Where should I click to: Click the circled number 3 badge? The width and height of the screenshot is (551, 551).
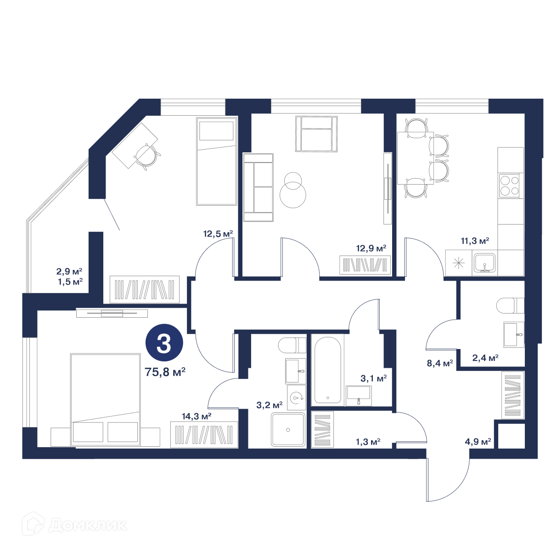click(x=164, y=342)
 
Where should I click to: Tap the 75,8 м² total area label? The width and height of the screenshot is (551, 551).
click(x=165, y=372)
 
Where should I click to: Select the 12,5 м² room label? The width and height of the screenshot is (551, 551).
click(x=218, y=234)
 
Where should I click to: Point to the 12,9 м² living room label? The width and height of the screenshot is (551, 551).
click(x=371, y=248)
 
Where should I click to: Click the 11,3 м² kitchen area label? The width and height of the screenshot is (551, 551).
click(x=475, y=241)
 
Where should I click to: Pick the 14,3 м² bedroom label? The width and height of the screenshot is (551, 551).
click(x=197, y=416)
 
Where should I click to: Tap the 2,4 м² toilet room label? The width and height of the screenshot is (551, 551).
click(x=485, y=358)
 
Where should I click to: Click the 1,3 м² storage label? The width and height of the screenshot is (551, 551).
click(x=368, y=442)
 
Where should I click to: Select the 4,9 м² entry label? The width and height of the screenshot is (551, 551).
click(x=478, y=442)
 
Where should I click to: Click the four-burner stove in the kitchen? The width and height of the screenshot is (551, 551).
click(x=509, y=186)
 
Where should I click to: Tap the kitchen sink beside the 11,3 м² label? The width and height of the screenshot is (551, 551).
click(x=484, y=263)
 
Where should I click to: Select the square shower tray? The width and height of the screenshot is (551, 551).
click(x=288, y=430)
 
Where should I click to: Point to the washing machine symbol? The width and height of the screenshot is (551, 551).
click(x=297, y=398)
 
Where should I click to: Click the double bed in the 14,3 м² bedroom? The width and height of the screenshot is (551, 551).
click(x=105, y=400)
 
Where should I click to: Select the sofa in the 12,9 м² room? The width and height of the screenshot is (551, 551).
click(x=258, y=188)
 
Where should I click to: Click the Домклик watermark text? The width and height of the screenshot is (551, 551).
click(x=88, y=526)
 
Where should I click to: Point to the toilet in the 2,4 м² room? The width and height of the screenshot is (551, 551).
click(x=510, y=305)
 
